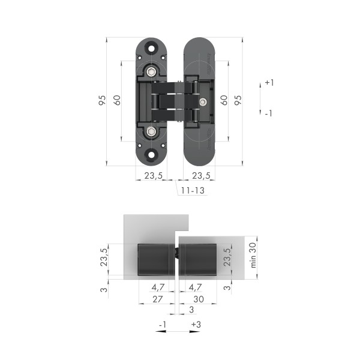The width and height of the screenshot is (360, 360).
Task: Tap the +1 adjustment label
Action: click(x=269, y=83)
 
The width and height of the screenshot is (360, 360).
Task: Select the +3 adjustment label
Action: click(x=195, y=325)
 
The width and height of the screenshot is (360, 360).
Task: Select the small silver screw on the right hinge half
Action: click(x=204, y=101)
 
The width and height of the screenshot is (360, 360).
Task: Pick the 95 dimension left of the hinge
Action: click(x=102, y=101)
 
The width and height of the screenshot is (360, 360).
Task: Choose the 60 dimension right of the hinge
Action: click(x=223, y=101)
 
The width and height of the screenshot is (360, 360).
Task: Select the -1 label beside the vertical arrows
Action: click(x=269, y=113)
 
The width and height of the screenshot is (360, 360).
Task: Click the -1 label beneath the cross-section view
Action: click(x=161, y=325)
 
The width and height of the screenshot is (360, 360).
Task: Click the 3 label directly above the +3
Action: click(x=191, y=310)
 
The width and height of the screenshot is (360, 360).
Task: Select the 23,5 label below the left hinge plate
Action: click(x=154, y=176)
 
